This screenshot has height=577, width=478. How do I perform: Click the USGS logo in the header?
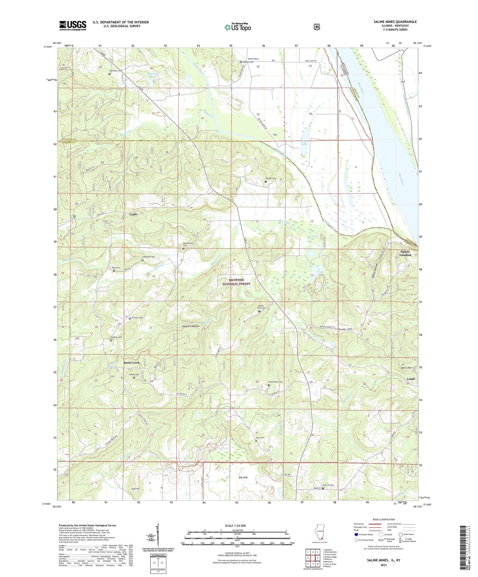[x=73, y=25]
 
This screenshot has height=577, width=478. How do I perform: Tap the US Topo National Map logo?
[x=237, y=27]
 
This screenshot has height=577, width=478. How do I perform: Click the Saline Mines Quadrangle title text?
[x=395, y=22]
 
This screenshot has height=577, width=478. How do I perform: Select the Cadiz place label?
[x=133, y=215]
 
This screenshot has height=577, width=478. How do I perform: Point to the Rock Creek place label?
[x=132, y=362]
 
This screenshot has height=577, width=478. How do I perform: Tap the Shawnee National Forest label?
[x=236, y=282]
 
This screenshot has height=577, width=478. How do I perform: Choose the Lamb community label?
[x=411, y=379]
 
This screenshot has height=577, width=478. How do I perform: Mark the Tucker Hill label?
[x=345, y=329]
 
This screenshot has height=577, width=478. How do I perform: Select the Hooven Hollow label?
[x=191, y=326]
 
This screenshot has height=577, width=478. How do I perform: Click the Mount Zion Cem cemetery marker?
[x=259, y=311]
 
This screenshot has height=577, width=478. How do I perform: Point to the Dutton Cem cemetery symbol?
[x=266, y=182]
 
